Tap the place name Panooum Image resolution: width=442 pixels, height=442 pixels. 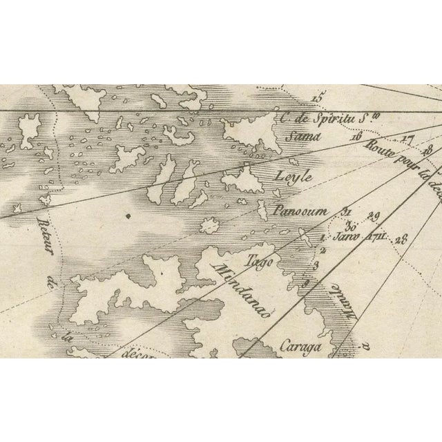[x=301, y=211]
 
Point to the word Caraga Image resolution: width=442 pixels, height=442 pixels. [x=301, y=346]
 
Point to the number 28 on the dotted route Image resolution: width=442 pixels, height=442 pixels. [x=403, y=240]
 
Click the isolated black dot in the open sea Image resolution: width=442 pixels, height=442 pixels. [x=129, y=217]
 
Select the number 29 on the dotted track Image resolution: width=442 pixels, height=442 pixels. [x=375, y=214]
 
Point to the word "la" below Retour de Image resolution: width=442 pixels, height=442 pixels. [x=67, y=337]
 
